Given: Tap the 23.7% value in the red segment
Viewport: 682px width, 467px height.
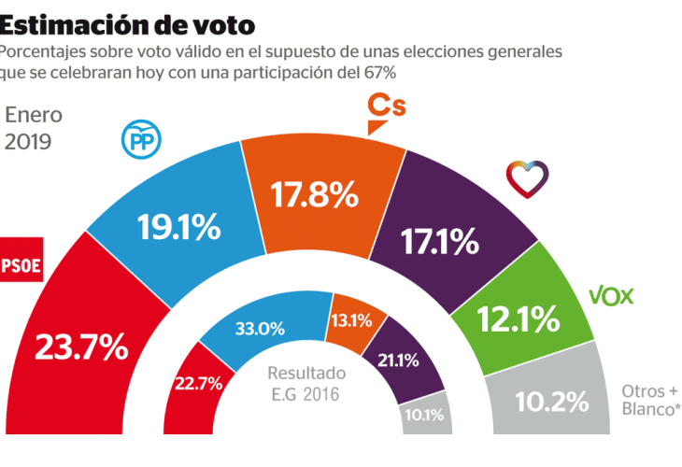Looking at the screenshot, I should point(81,347).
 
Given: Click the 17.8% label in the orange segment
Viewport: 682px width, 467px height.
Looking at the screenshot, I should point(315,194).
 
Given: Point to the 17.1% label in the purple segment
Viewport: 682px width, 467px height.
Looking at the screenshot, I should point(440,242).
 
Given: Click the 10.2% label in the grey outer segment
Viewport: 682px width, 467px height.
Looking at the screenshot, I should point(552,402).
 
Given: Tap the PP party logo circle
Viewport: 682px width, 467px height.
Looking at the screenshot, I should point(142,141).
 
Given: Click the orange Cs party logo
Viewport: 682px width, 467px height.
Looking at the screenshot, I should point(385,108).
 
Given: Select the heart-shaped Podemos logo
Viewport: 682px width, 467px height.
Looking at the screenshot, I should point(528,175).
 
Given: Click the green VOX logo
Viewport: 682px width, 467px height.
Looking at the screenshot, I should point(612,297).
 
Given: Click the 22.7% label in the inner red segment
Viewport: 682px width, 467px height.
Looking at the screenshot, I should point(198,383).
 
